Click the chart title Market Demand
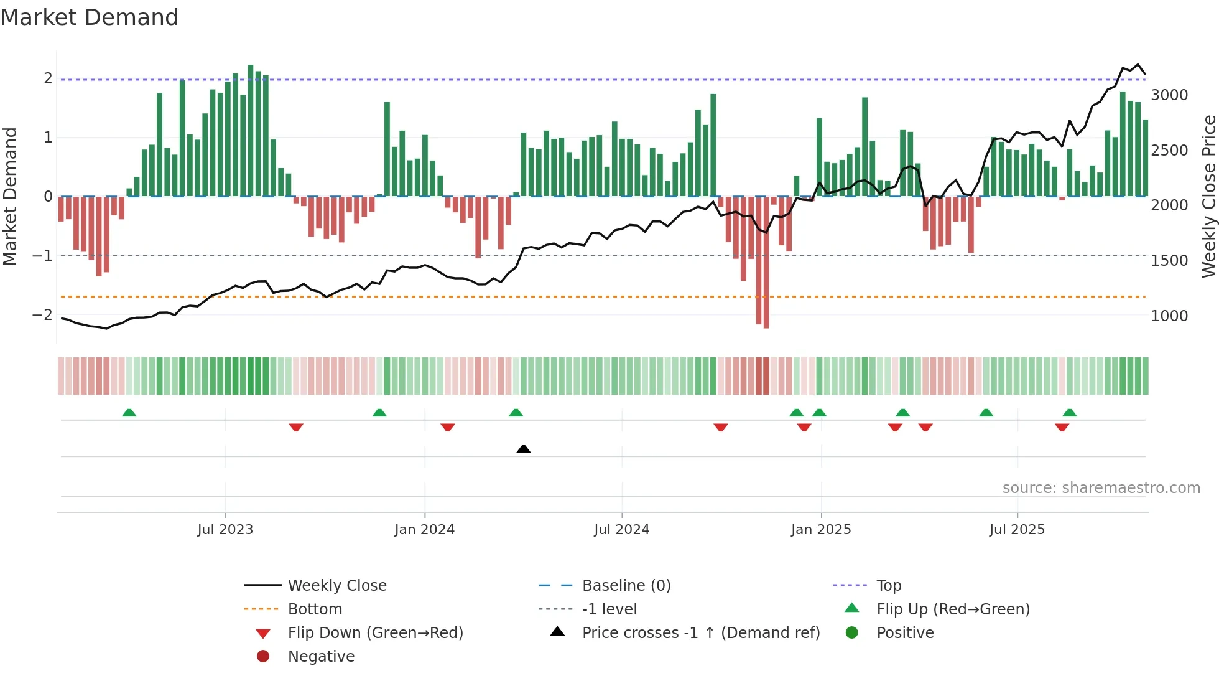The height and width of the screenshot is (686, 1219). coord(90,17)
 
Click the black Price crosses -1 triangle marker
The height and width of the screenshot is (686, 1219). coord(524,449)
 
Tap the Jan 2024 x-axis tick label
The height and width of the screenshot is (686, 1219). coord(424,530)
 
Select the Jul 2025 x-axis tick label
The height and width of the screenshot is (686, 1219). coord(1017,530)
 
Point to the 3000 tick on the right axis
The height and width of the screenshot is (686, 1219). coord(1169,95)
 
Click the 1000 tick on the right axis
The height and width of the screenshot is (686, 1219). coord(1169,316)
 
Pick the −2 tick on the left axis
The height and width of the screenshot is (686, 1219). coord(42,315)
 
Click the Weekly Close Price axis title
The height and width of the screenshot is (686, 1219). coord(1208,196)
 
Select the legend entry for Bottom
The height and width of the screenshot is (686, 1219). coord(315,609)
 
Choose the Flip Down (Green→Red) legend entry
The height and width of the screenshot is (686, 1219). coord(375,632)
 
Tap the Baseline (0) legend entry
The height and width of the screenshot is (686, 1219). coord(626,585)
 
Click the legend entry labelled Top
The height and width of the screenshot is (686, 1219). coord(889,585)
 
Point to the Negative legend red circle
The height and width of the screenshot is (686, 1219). coord(263,656)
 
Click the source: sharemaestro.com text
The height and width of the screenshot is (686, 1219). coord(1101,488)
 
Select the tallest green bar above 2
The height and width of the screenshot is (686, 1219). coord(251,131)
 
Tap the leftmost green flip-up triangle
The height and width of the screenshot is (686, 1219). coord(129,413)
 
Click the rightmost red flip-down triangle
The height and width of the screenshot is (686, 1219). coord(1062,427)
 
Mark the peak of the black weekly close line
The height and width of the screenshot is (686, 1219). coord(1138,64)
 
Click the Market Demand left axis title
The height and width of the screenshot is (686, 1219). coord(11,196)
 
